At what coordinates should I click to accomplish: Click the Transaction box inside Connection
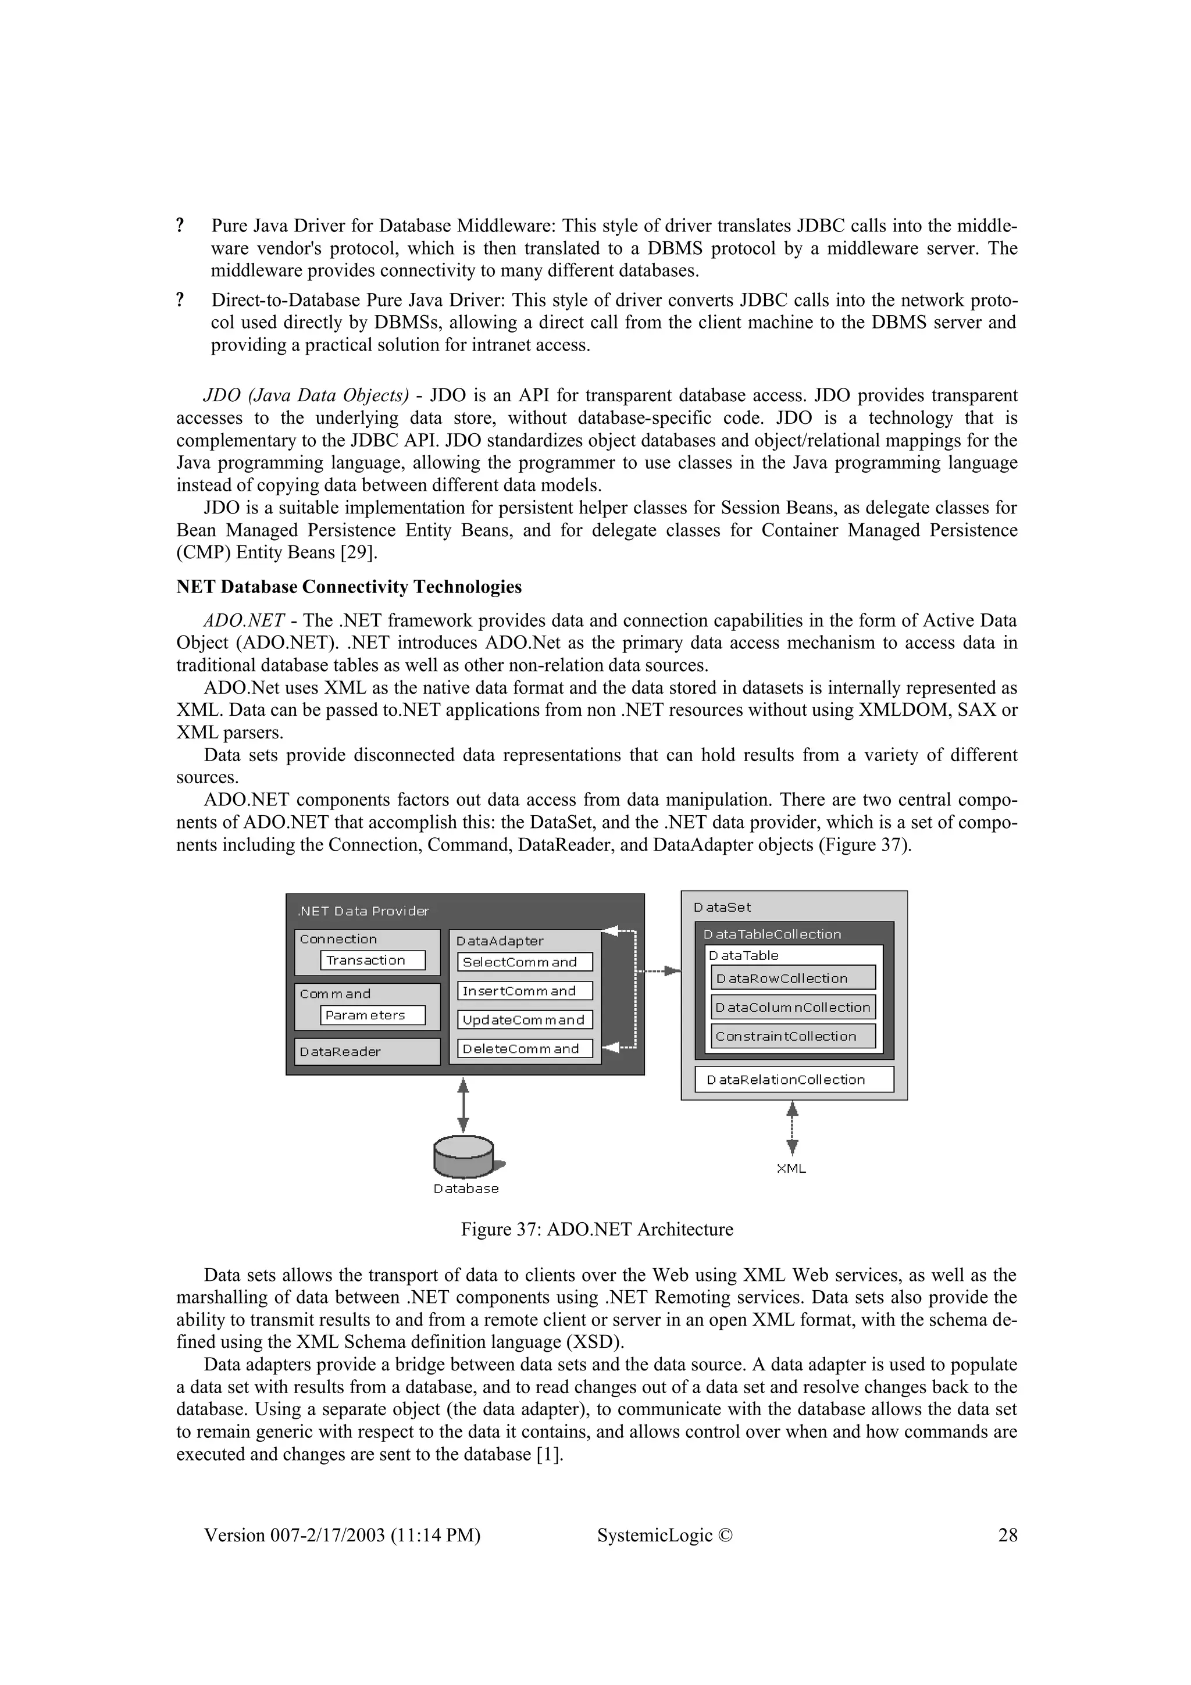(373, 960)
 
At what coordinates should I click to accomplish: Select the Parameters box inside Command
(373, 1015)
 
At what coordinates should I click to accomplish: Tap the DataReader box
(367, 1052)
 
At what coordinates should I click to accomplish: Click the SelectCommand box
(525, 962)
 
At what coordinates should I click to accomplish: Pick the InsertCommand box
(525, 991)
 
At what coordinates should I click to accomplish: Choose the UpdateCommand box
(525, 1020)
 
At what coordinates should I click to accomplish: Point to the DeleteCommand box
(525, 1049)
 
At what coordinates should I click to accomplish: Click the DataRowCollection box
(793, 979)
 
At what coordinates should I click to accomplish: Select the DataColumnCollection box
(793, 1008)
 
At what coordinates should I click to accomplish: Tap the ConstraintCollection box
(793, 1036)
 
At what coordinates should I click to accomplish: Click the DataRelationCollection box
(794, 1080)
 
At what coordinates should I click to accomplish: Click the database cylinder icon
(463, 1157)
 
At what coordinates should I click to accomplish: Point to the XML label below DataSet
(791, 1169)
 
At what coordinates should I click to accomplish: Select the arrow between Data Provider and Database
(463, 1105)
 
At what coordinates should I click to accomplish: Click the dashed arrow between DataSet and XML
(792, 1129)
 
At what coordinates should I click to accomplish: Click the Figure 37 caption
(597, 1229)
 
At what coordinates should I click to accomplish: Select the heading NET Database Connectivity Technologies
(348, 587)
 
